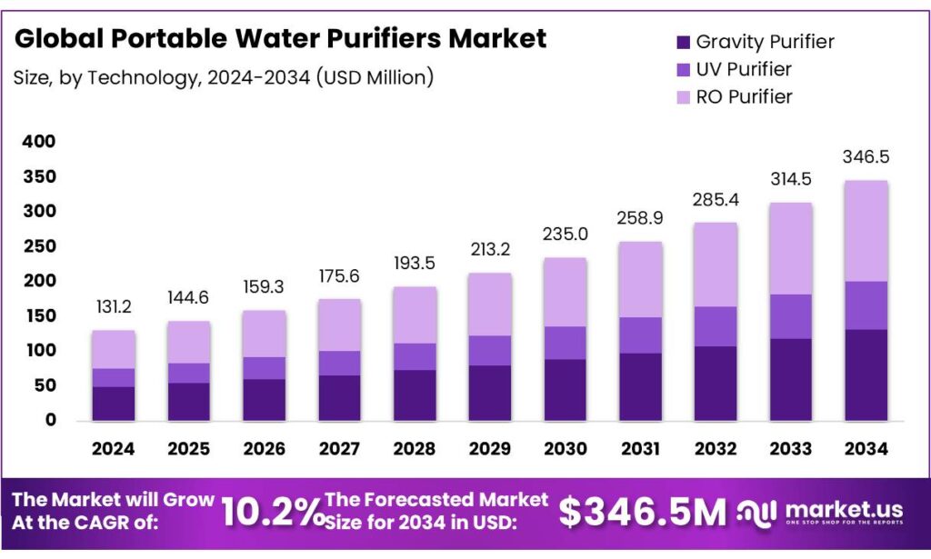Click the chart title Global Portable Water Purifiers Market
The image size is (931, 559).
(x=280, y=39)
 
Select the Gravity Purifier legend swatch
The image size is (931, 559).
(x=681, y=41)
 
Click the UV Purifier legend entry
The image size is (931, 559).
(x=743, y=69)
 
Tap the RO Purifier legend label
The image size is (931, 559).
(x=744, y=96)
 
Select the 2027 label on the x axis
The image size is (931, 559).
(x=339, y=448)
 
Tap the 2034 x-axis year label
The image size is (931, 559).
(x=866, y=448)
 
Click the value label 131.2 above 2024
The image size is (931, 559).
(x=113, y=308)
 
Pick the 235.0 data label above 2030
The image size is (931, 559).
(x=566, y=235)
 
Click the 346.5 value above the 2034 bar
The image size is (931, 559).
(x=866, y=157)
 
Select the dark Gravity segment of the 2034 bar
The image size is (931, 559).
(x=866, y=374)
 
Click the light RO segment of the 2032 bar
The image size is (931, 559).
(x=716, y=265)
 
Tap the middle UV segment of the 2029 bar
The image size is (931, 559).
(x=490, y=350)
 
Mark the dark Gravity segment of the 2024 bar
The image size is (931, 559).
(x=114, y=404)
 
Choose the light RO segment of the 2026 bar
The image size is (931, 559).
(x=264, y=334)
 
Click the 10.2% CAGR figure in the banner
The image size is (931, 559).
(x=273, y=513)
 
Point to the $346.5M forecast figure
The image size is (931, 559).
(x=642, y=513)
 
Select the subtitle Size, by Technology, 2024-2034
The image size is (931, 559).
(x=223, y=78)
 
